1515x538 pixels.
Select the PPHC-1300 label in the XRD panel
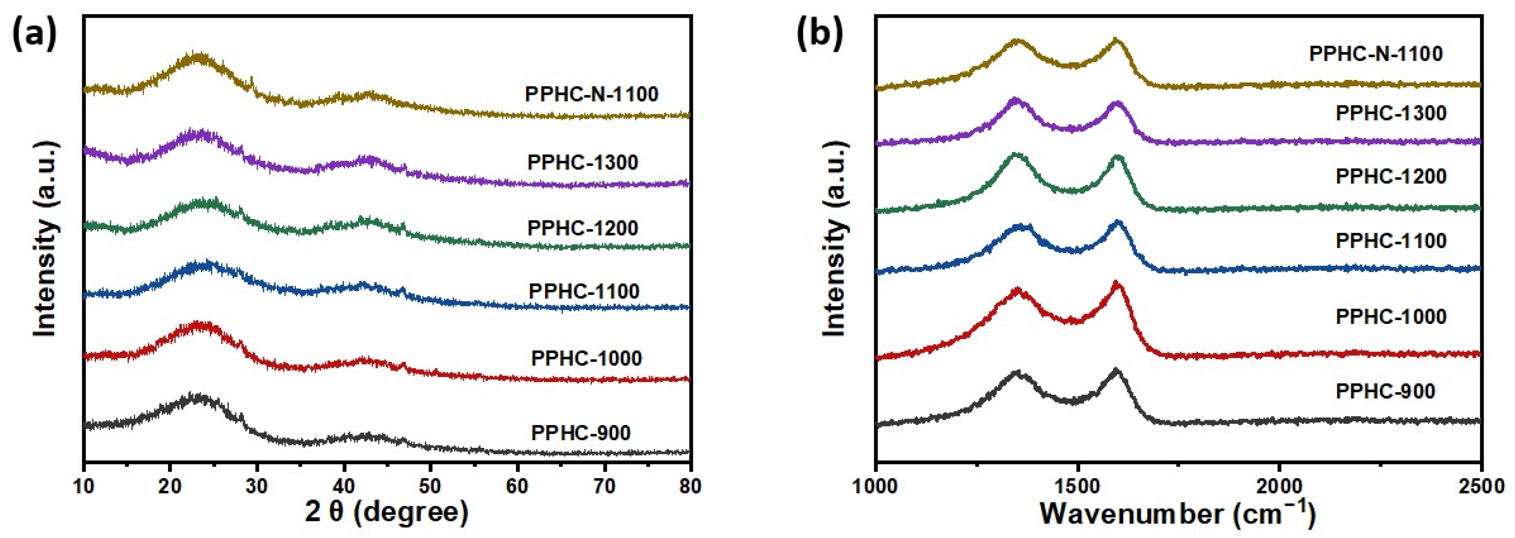tap(583, 162)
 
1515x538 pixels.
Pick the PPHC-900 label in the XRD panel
tap(581, 433)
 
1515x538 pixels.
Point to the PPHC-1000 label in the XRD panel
tap(586, 358)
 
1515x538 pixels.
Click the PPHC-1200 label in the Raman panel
tap(1391, 176)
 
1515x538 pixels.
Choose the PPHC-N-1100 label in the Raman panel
tap(1376, 53)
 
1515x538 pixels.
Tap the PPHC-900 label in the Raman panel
tap(1385, 391)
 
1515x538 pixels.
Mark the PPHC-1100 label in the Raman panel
tap(1391, 240)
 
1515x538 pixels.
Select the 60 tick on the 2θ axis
tap(517, 487)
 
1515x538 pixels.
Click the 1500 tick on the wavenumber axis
tap(1078, 487)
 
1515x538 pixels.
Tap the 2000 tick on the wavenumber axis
tap(1279, 487)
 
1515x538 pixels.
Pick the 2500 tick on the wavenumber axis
tap(1480, 487)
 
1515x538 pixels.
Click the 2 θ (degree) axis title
tap(386, 513)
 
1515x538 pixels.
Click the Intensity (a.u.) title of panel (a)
tap(45, 238)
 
